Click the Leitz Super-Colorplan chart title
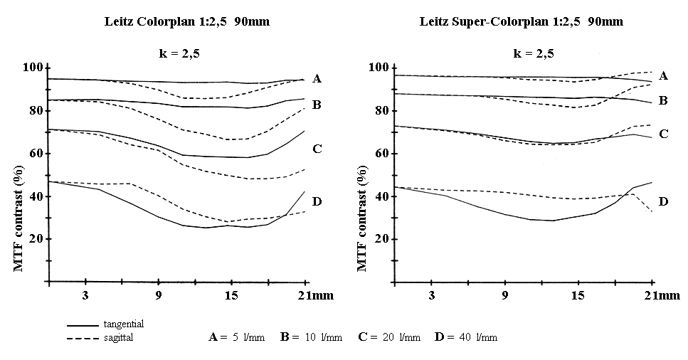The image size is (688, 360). click(x=522, y=21)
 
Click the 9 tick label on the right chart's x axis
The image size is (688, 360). click(x=505, y=295)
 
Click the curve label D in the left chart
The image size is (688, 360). click(x=317, y=202)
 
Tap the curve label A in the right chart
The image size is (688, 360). click(x=663, y=75)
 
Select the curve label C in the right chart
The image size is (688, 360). click(x=663, y=133)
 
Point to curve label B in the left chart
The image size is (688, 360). click(x=317, y=105)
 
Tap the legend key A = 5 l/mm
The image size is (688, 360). click(x=235, y=337)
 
